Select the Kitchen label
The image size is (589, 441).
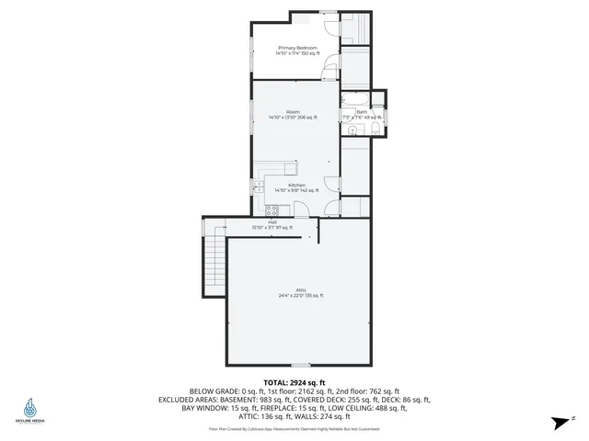(x=296, y=185)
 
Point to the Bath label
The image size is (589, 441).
(x=362, y=112)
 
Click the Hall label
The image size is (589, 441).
(x=272, y=221)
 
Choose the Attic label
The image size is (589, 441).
(x=300, y=289)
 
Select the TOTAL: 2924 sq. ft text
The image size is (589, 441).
(x=294, y=381)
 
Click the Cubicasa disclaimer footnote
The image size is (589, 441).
(x=294, y=428)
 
